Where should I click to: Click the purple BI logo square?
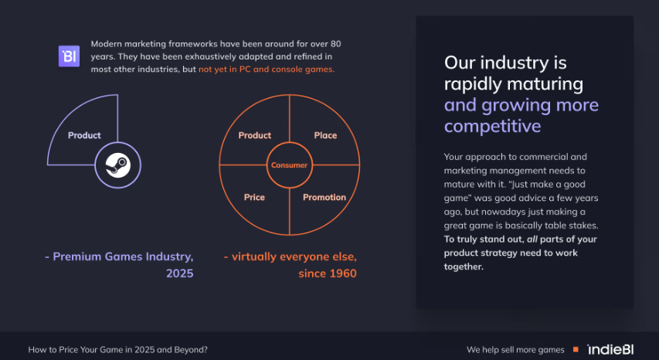[69, 56]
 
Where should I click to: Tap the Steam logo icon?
[118, 165]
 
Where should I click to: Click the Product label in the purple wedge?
[84, 135]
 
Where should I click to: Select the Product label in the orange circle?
[255, 135]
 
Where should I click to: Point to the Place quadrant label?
[325, 135]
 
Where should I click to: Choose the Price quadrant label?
[254, 197]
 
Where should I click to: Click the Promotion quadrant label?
[324, 197]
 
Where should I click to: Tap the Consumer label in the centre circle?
[289, 165]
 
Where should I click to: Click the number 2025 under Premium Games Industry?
[179, 273]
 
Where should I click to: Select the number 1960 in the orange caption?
[342, 273]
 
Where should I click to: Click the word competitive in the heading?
[492, 126]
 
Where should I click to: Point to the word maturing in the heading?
[549, 84]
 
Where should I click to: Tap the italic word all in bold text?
[532, 239]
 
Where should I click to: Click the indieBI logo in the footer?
[610, 349]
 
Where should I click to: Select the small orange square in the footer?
[576, 349]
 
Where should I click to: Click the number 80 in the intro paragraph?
[336, 44]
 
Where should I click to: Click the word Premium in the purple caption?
[74, 256]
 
